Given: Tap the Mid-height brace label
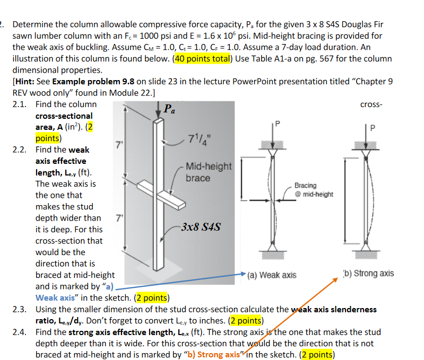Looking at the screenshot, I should (209, 172).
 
